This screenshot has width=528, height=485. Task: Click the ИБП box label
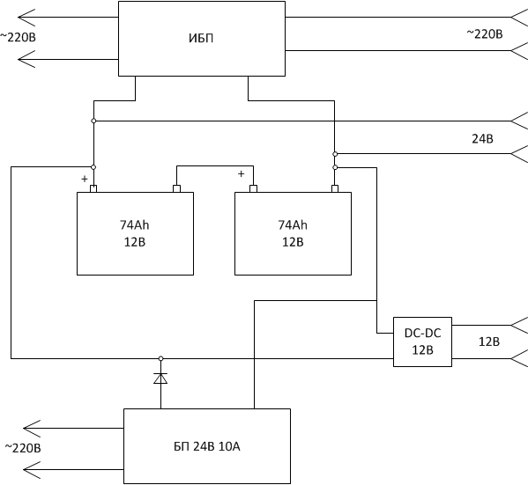pos(201,38)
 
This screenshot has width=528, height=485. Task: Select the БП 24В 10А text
pos(207,446)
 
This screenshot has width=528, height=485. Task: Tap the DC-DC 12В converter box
pos(422,342)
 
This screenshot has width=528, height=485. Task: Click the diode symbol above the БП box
pos(160,378)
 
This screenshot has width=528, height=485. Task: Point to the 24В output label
pos(482,138)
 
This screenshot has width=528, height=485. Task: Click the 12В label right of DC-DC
pos(489,342)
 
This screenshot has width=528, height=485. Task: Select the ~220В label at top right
pos(485,34)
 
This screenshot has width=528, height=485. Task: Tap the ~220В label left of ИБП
pos(18,37)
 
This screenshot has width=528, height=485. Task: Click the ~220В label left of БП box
pos(23,448)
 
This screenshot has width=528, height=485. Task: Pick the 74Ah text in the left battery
pos(134,225)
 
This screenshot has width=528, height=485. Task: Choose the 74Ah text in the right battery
pos(293,225)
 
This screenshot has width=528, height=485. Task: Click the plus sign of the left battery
pos(85,179)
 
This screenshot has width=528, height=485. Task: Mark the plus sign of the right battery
pos(242,174)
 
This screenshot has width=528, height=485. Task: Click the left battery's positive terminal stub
pos(93,188)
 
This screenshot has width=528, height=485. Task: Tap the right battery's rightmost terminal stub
pos(335,188)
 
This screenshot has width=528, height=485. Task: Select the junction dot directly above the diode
pos(161,358)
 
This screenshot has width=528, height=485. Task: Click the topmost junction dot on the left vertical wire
pos(93,121)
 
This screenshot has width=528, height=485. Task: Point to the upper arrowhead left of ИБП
pos(26,17)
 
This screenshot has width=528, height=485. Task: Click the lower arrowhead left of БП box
pos(32,469)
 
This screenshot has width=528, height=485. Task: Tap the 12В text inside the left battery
pos(135,242)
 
